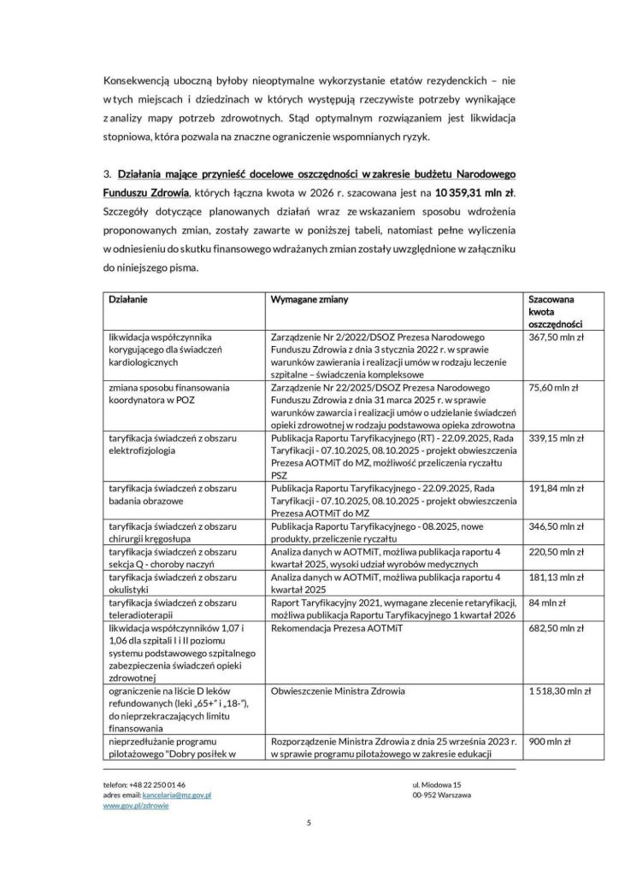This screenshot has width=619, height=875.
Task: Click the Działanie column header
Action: click(x=126, y=300)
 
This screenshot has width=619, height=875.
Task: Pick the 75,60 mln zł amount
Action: click(x=553, y=387)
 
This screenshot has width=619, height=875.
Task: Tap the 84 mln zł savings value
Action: click(x=547, y=603)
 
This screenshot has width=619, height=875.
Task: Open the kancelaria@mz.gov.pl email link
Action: click(x=177, y=794)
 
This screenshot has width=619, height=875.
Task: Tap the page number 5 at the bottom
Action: click(x=309, y=824)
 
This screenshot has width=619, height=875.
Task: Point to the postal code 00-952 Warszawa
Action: click(x=441, y=794)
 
